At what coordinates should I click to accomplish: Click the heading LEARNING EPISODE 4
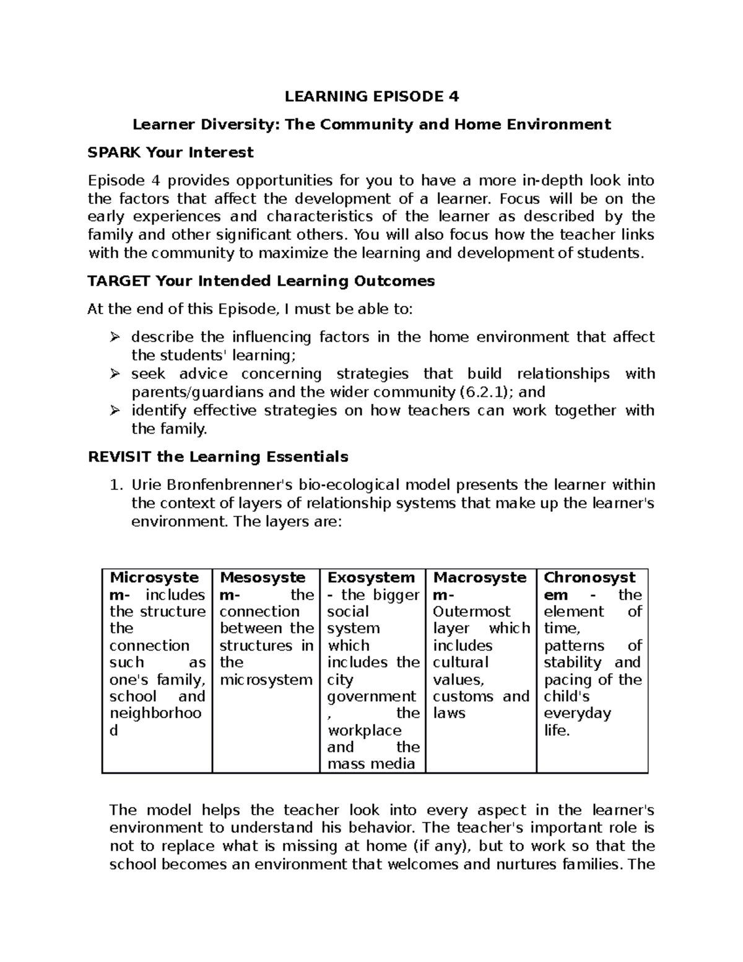coord(371,97)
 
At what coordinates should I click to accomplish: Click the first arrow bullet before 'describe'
coord(114,338)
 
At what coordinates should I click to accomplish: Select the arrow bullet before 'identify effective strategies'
coord(114,411)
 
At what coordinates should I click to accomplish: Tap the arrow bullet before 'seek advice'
coord(114,374)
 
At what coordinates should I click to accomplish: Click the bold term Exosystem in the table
coord(371,578)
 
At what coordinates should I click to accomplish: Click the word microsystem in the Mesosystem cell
coord(266,680)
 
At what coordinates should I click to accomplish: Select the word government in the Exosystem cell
coord(371,696)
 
